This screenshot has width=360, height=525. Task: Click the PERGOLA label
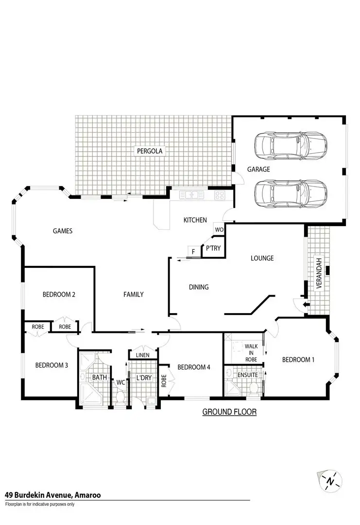[149, 151]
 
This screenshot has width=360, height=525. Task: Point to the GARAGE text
[258, 169]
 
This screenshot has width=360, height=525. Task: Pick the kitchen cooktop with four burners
[220, 195]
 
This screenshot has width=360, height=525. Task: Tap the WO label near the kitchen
[219, 229]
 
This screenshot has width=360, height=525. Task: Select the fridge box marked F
[193, 252]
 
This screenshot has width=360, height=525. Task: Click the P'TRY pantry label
[213, 248]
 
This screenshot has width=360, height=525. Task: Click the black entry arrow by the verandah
[305, 305]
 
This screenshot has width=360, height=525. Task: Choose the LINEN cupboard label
[142, 355]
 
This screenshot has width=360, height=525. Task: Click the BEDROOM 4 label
[193, 367]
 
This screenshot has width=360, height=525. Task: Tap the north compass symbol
[330, 481]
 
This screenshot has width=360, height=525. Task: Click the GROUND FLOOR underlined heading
[229, 412]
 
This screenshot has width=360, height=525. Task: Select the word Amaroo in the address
[88, 495]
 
